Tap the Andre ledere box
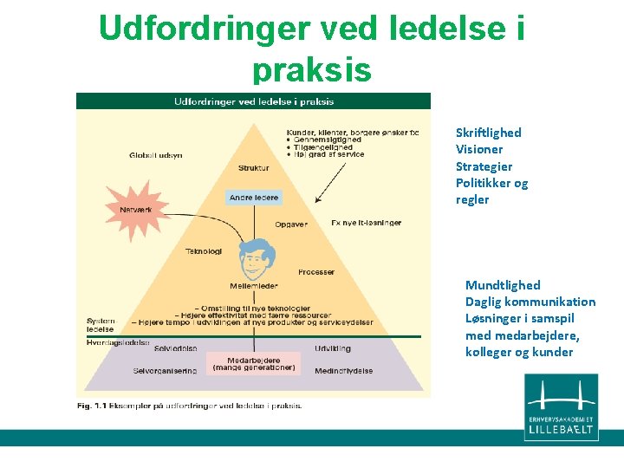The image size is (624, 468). (x=254, y=198)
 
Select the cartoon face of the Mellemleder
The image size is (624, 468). (x=254, y=257)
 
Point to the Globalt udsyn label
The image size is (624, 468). (x=156, y=155)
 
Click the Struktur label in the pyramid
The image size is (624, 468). (x=253, y=168)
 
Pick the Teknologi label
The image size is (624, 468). (x=204, y=251)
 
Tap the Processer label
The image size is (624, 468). (x=316, y=272)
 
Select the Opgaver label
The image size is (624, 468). (x=291, y=224)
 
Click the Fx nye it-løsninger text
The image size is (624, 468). (x=367, y=223)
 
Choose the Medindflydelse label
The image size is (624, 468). (x=344, y=370)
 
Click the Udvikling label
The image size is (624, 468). (x=334, y=348)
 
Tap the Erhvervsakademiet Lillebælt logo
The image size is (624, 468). (x=561, y=407)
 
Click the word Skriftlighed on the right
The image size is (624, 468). (x=488, y=133)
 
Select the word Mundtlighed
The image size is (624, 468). (x=503, y=285)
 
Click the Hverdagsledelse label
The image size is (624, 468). (x=118, y=342)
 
